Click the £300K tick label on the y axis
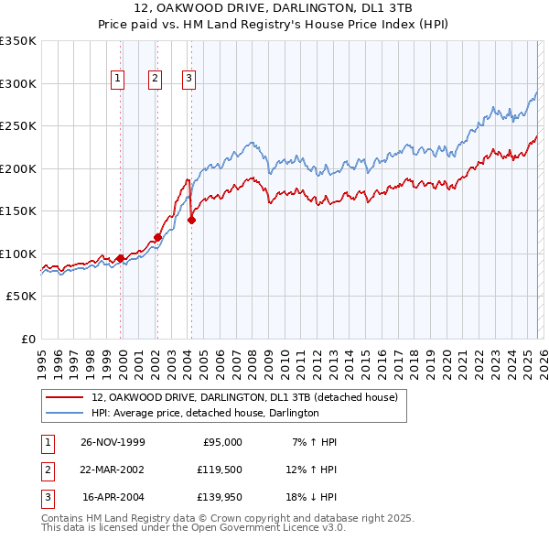pos(18,83)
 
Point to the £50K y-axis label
pos(21,297)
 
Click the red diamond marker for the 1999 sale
pos(121,258)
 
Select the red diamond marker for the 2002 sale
pos(157,237)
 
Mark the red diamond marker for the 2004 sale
pos(192,220)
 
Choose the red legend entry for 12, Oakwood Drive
pos(243,398)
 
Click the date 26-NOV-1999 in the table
pos(113,442)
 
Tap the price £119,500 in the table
pos(219,470)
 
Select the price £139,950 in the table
pos(219,499)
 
